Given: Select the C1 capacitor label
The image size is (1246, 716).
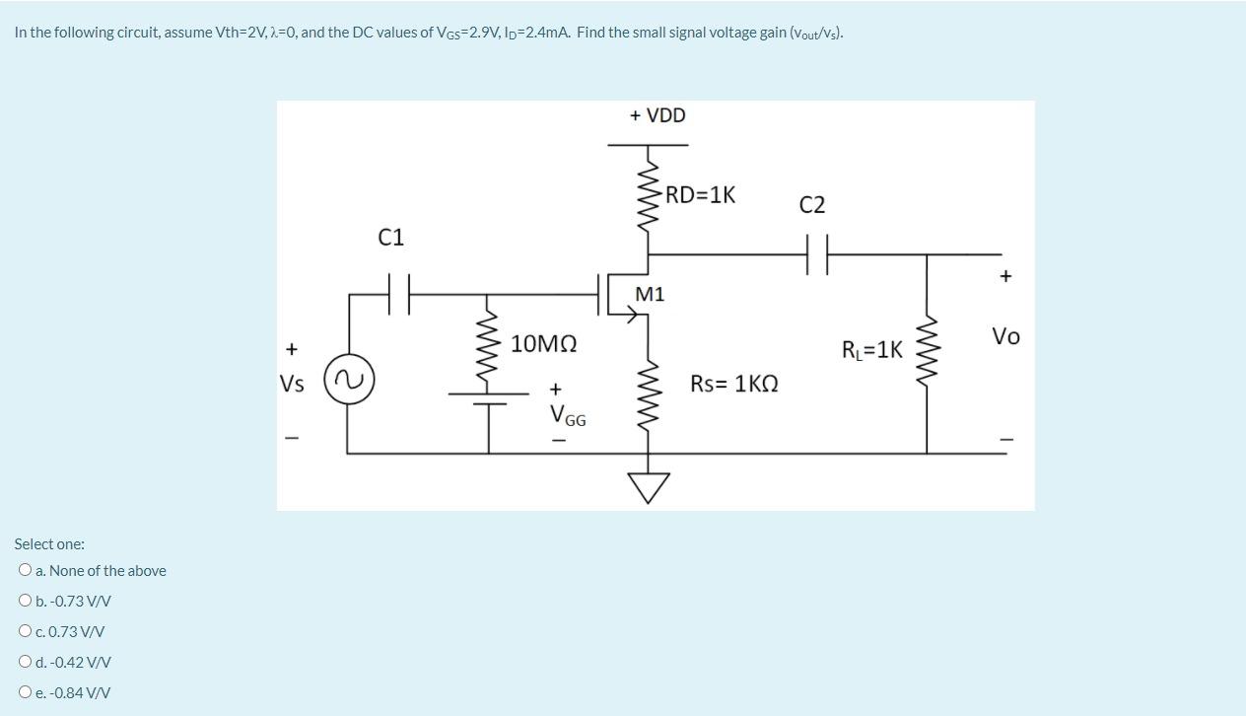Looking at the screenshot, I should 391,238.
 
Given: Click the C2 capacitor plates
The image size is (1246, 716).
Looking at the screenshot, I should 815,254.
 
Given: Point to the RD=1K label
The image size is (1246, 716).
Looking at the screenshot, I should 700,194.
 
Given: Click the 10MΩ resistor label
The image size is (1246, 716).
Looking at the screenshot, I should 543,344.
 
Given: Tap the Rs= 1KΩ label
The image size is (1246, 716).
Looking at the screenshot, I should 733,384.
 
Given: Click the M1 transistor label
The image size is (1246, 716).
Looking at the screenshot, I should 650,294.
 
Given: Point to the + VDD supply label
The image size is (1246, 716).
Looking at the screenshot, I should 658,115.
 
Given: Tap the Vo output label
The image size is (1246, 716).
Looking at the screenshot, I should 1005,336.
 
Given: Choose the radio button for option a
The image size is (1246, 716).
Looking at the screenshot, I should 25,570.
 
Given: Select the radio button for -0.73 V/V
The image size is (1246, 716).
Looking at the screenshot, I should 25,601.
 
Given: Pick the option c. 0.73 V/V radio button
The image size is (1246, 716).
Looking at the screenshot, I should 25,631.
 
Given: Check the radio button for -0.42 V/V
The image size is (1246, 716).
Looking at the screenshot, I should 25,662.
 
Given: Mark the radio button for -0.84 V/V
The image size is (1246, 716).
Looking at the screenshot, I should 25,692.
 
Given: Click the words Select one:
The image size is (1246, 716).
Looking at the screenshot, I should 49,543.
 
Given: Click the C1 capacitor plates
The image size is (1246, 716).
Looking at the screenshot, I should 398,294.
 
